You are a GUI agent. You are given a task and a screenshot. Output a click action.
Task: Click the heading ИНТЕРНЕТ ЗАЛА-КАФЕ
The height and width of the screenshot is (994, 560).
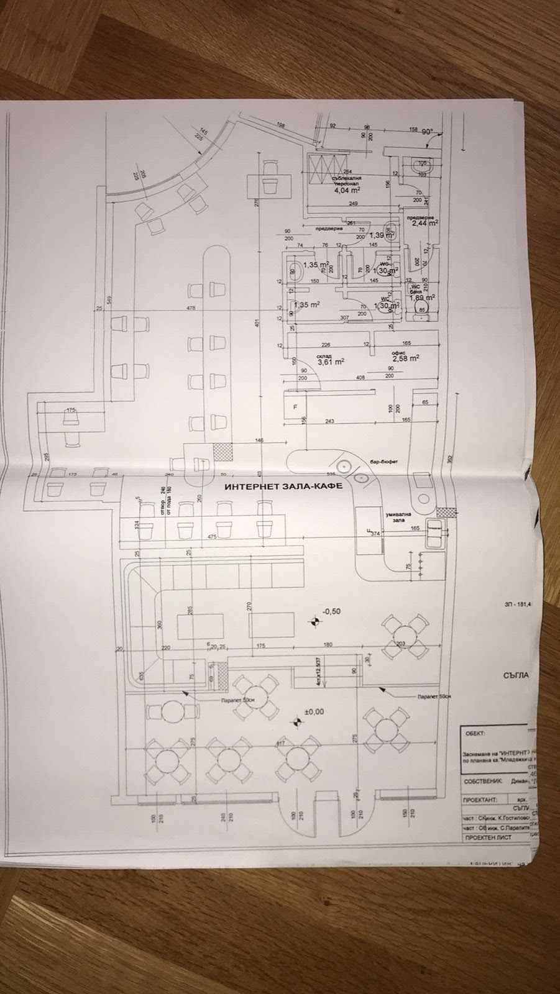pos(283,488)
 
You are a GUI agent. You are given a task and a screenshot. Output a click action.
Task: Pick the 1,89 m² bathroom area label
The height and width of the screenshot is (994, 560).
pos(421,298)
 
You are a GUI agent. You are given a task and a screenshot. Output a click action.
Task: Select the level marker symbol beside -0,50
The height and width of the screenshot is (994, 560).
pos(316,620)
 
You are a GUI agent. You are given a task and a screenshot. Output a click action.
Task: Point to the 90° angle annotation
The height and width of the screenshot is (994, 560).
pos(428,132)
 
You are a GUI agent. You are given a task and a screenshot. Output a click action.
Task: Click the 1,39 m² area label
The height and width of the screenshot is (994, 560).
pos(381,235)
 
